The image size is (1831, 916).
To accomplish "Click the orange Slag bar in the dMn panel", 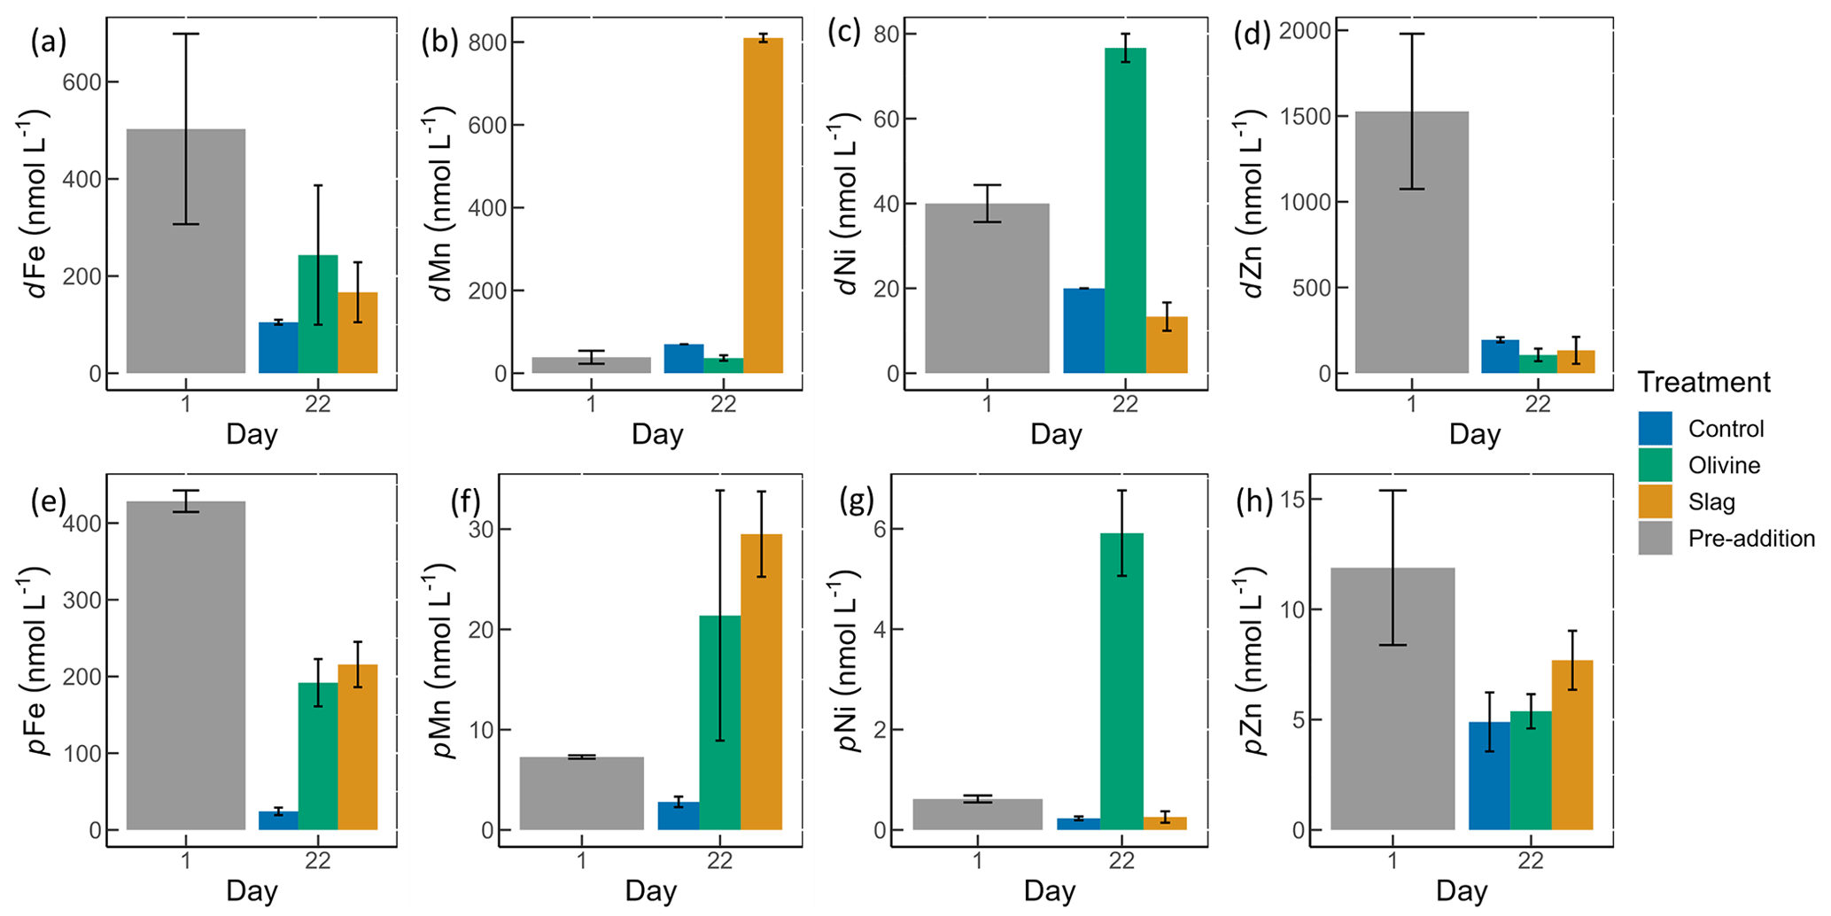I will coord(763,206).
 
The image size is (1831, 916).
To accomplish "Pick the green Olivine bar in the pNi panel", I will coord(1121,681).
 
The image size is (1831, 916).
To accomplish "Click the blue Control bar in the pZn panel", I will coord(1489,776).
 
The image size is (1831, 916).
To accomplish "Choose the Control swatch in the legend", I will coord(1655,429).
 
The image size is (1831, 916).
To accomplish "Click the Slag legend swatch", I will coord(1655,501).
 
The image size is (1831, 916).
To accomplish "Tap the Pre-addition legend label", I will coord(1751,539).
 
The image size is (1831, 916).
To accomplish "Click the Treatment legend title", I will coord(1703,382).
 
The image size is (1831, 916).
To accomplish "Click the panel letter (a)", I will coord(49,42).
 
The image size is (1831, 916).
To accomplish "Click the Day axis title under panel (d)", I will coord(1474,434).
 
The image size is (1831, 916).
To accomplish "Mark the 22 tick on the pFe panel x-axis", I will coord(317,859).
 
